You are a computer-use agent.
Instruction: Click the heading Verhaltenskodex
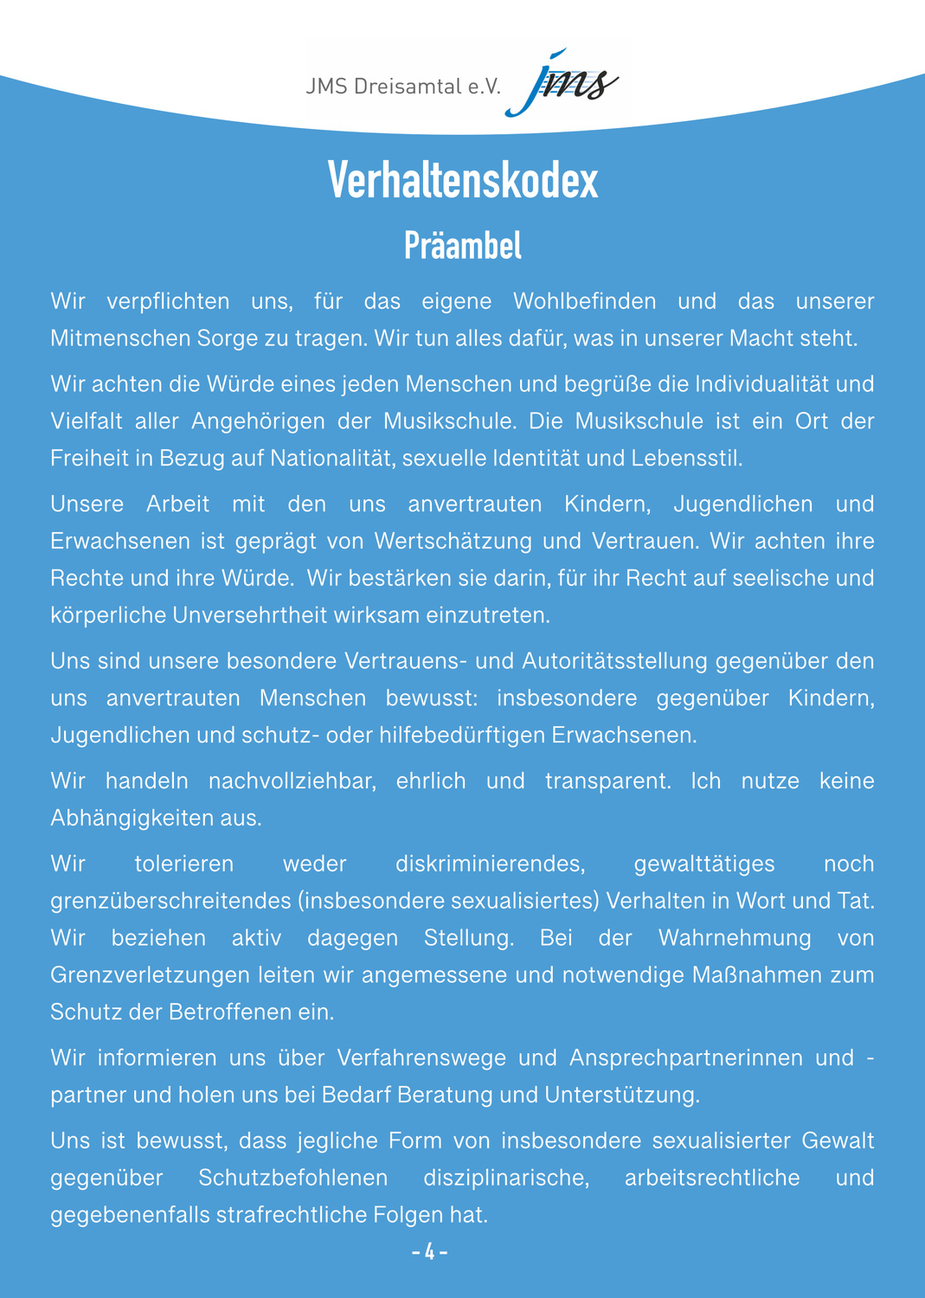pyautogui.click(x=463, y=182)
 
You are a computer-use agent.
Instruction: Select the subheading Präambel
pyautogui.click(x=463, y=247)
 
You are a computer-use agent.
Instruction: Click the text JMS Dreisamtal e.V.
pyautogui.click(x=403, y=87)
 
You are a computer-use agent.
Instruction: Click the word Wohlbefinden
pyautogui.click(x=584, y=301)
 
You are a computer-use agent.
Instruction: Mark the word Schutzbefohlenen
pyautogui.click(x=292, y=1178)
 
